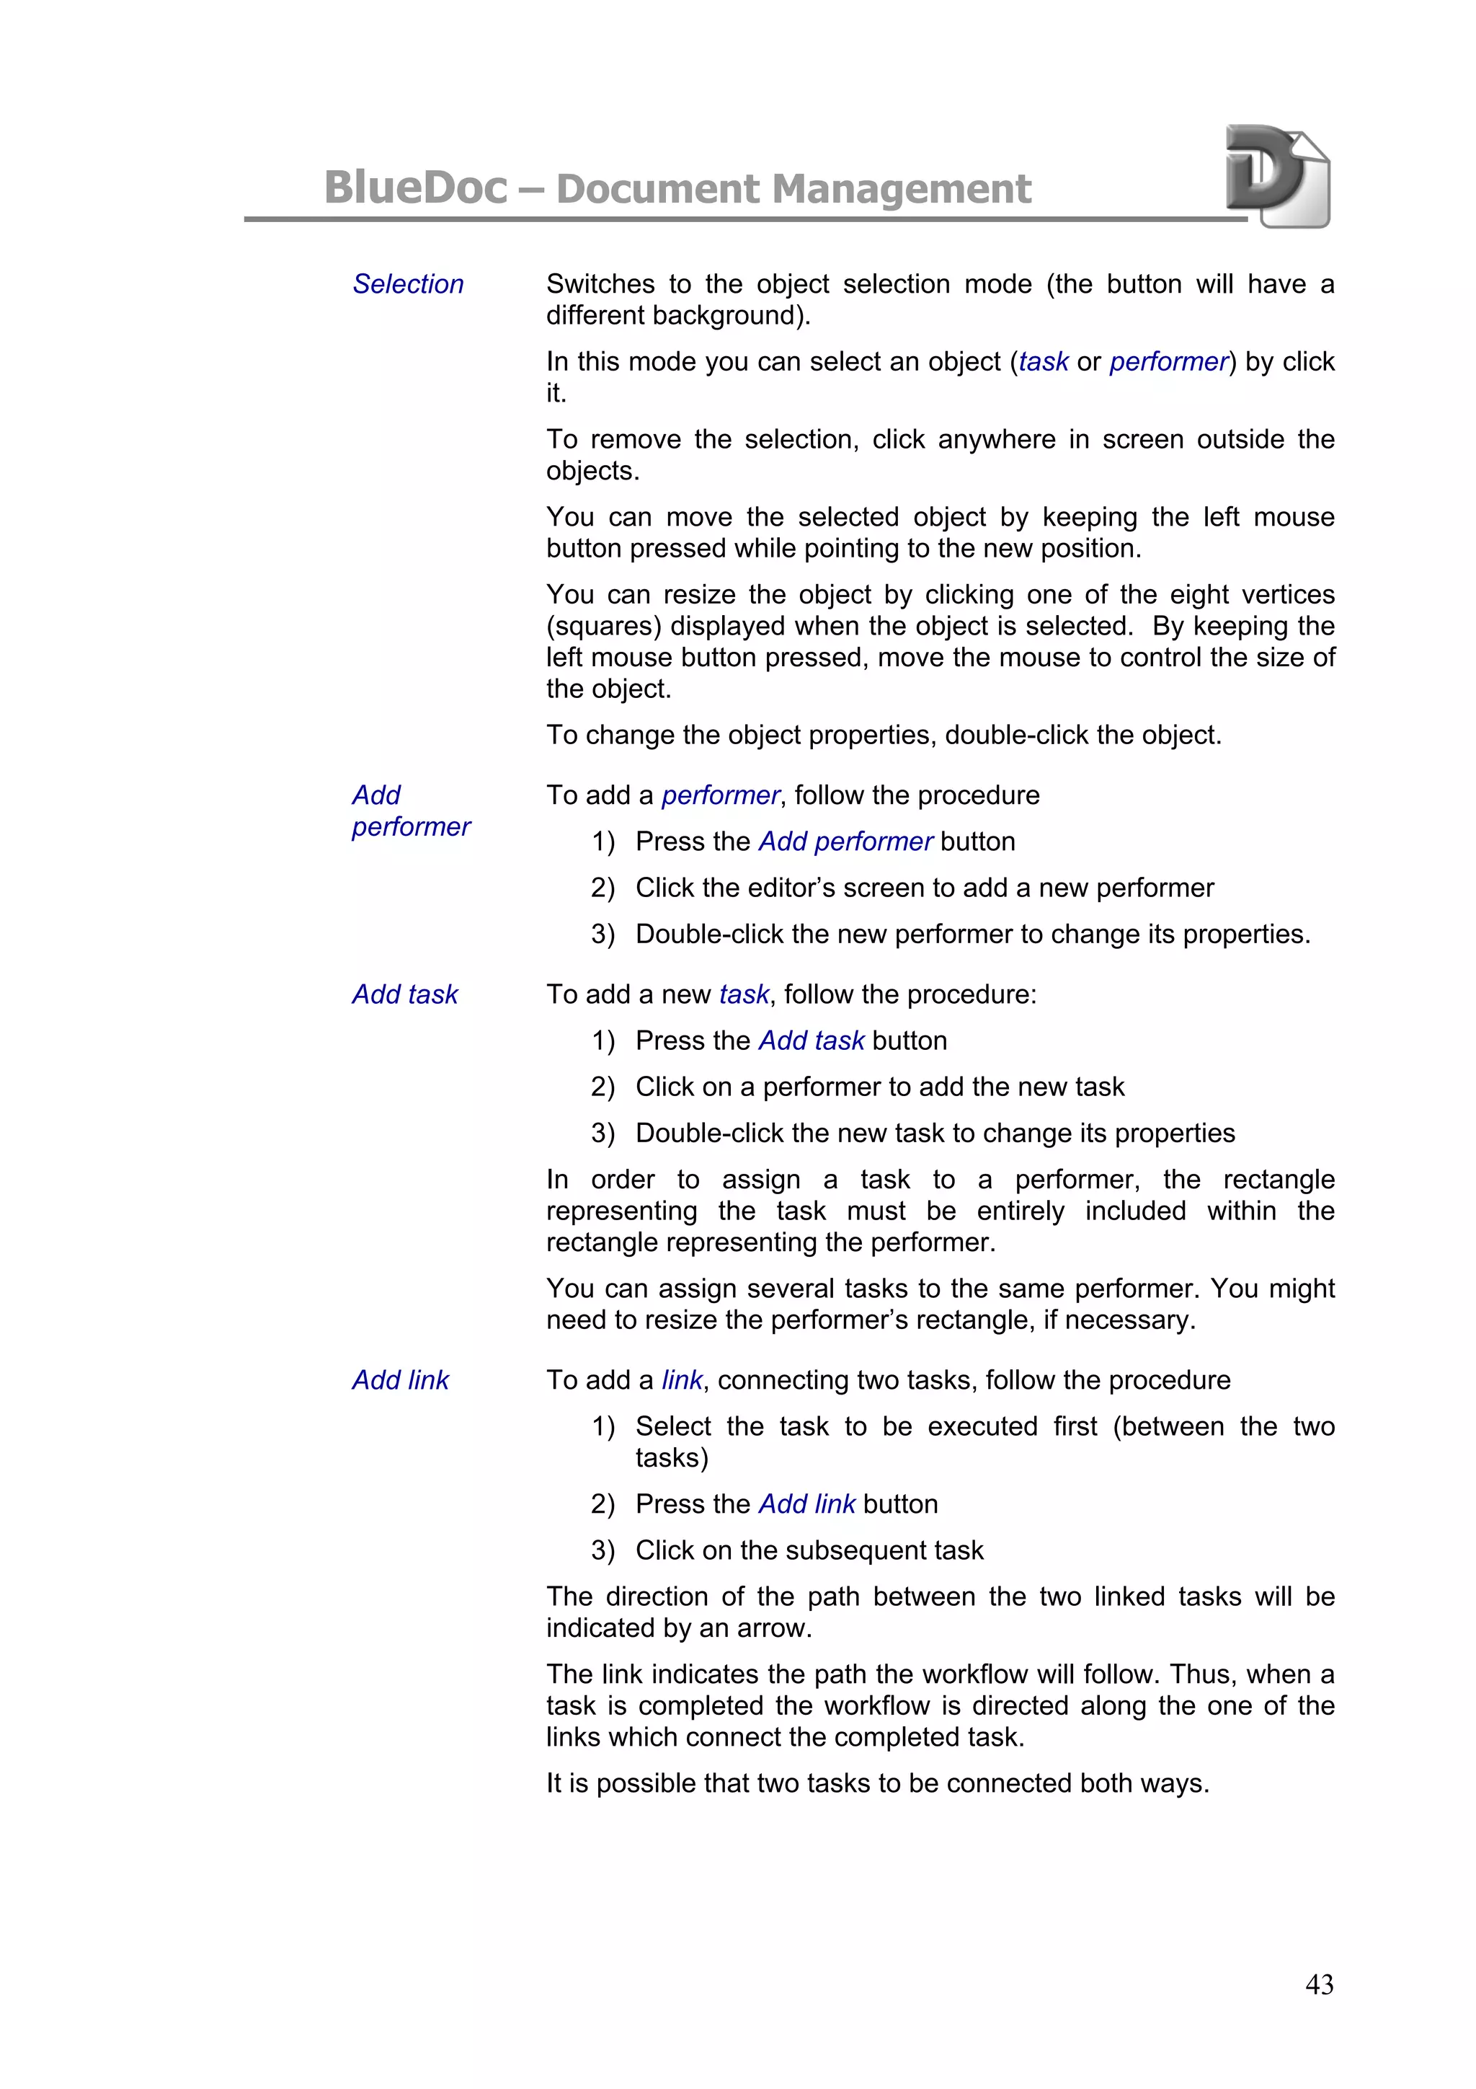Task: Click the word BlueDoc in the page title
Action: (x=416, y=188)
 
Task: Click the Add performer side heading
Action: (x=410, y=811)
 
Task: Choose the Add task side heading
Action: (x=405, y=994)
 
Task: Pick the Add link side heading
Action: (x=400, y=1380)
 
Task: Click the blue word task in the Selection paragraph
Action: (x=1043, y=362)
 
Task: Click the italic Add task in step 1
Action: (x=812, y=1041)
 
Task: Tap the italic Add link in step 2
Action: (x=806, y=1504)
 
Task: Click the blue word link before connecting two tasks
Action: (x=681, y=1380)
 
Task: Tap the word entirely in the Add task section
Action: (x=1020, y=1211)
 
